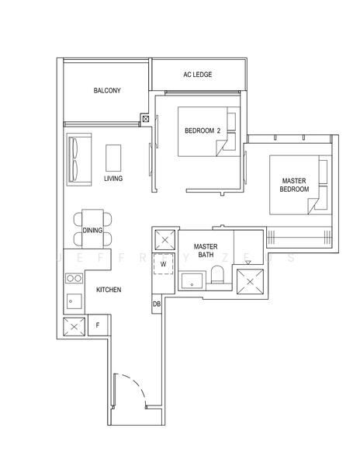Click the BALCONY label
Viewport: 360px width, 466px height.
[x=107, y=91]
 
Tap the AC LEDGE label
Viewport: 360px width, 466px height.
[x=198, y=75]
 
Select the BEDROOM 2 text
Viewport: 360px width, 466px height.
[x=202, y=131]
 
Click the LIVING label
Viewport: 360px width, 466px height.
[x=113, y=179]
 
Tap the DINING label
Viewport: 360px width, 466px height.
[x=92, y=231]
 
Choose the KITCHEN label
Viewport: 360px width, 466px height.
[x=108, y=290]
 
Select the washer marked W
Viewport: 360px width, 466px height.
[x=164, y=264]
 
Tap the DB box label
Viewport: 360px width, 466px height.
[x=157, y=304]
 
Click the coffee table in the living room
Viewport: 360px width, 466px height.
[x=114, y=158]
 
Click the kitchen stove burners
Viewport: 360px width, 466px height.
[x=72, y=277]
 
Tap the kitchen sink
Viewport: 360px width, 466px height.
[x=72, y=299]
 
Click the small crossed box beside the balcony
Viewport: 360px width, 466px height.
[x=145, y=119]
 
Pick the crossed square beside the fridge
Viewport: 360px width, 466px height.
[x=74, y=327]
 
